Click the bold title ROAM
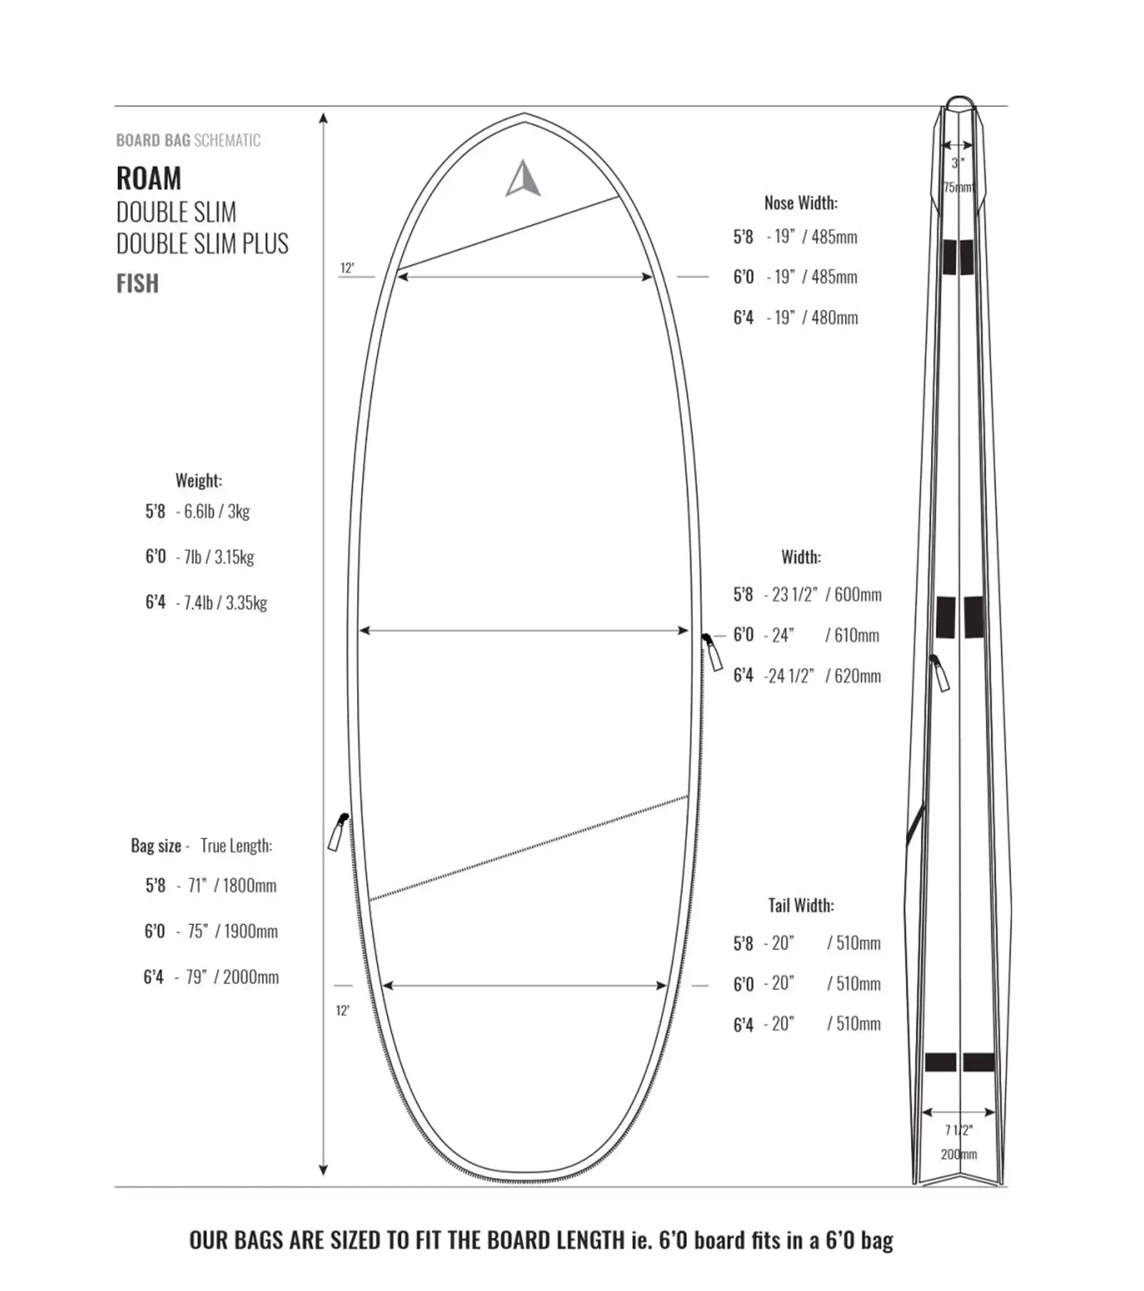point(148,178)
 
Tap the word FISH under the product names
point(138,283)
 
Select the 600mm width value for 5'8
point(857,595)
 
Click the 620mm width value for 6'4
point(857,676)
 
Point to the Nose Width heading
point(801,203)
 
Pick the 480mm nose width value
point(834,318)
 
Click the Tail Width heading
point(801,906)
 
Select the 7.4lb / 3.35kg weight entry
point(225,603)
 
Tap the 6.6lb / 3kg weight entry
point(216,511)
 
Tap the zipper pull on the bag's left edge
point(338,832)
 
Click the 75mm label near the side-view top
point(958,187)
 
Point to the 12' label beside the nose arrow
point(347,268)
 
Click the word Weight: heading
point(198,480)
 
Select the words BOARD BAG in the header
point(153,140)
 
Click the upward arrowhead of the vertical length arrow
point(323,118)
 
